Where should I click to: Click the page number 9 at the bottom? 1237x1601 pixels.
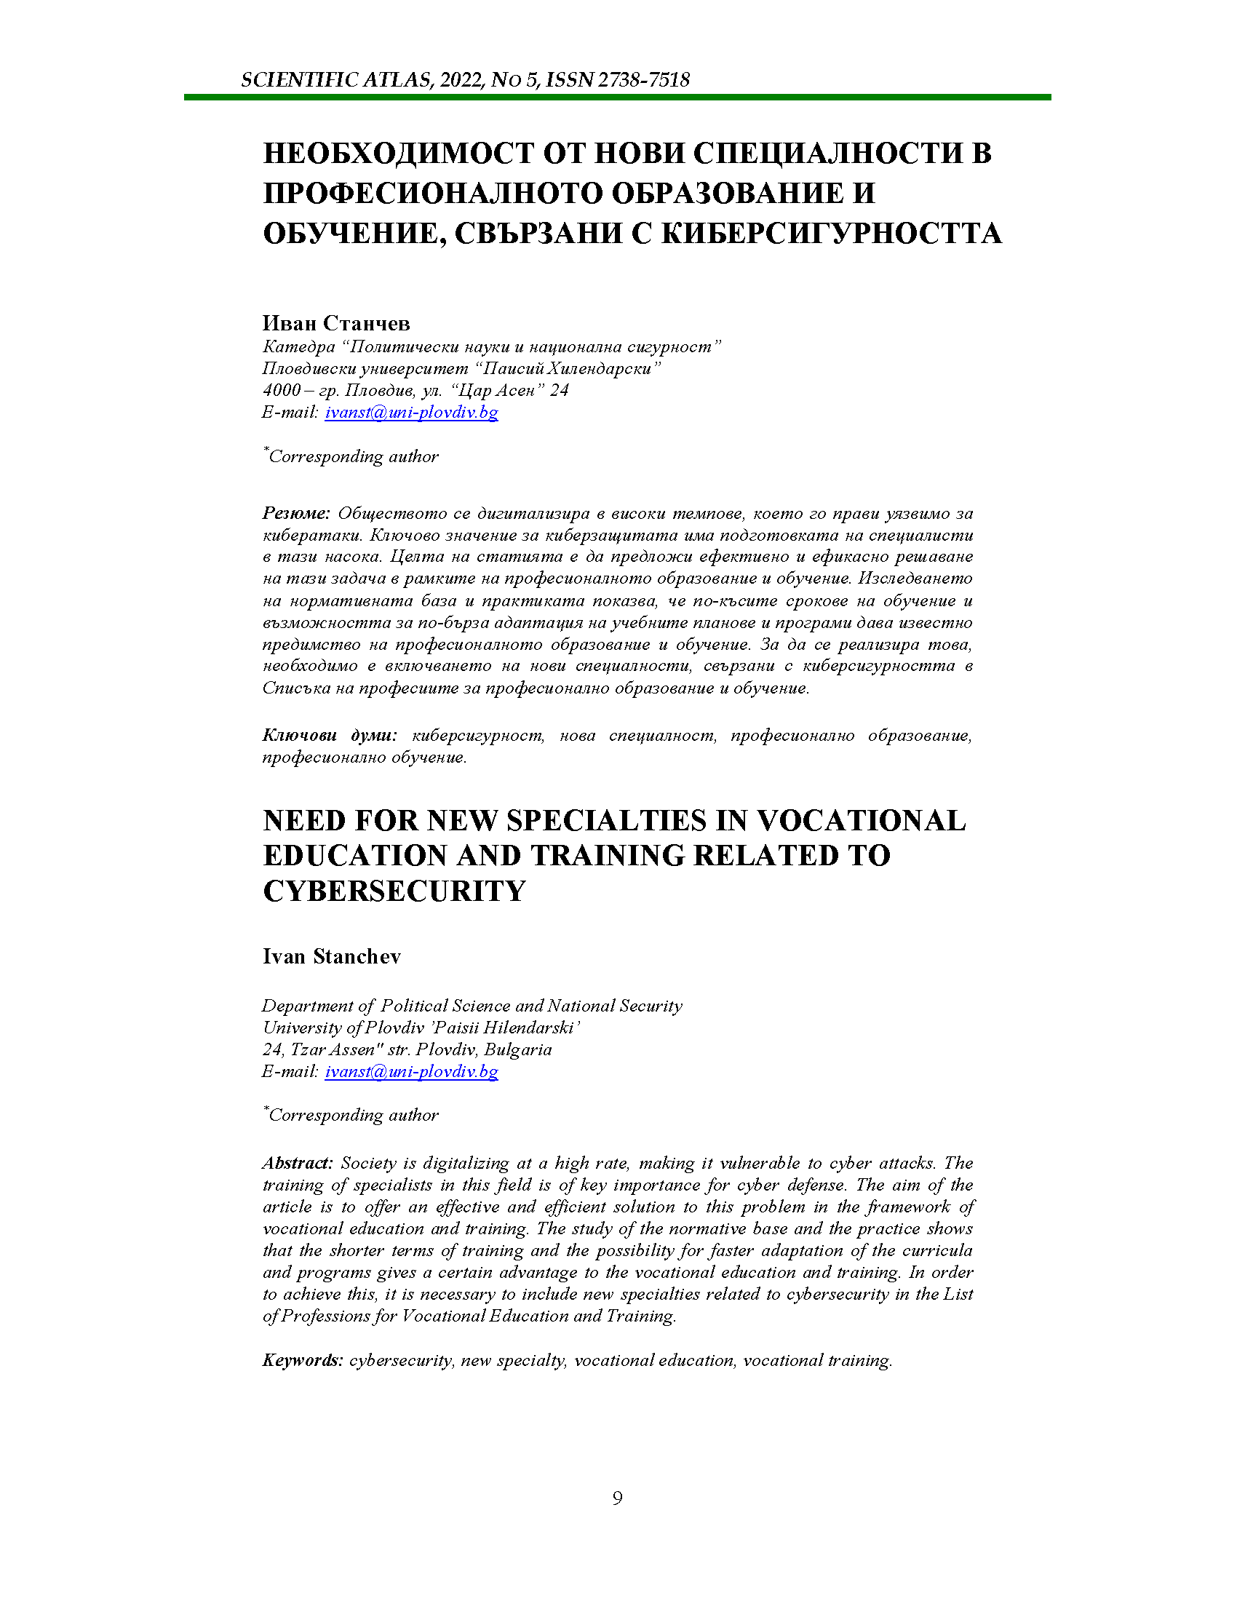click(x=617, y=1498)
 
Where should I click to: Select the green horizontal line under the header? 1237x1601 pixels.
click(x=617, y=97)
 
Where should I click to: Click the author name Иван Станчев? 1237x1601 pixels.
click(x=336, y=323)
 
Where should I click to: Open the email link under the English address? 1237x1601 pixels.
click(x=411, y=1072)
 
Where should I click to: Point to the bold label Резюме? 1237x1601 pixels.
click(x=297, y=513)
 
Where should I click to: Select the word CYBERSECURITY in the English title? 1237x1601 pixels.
click(x=394, y=891)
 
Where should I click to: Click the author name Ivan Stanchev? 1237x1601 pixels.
click(x=331, y=957)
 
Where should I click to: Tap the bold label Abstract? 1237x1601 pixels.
click(x=298, y=1164)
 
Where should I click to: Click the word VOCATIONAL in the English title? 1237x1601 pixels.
click(x=861, y=821)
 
